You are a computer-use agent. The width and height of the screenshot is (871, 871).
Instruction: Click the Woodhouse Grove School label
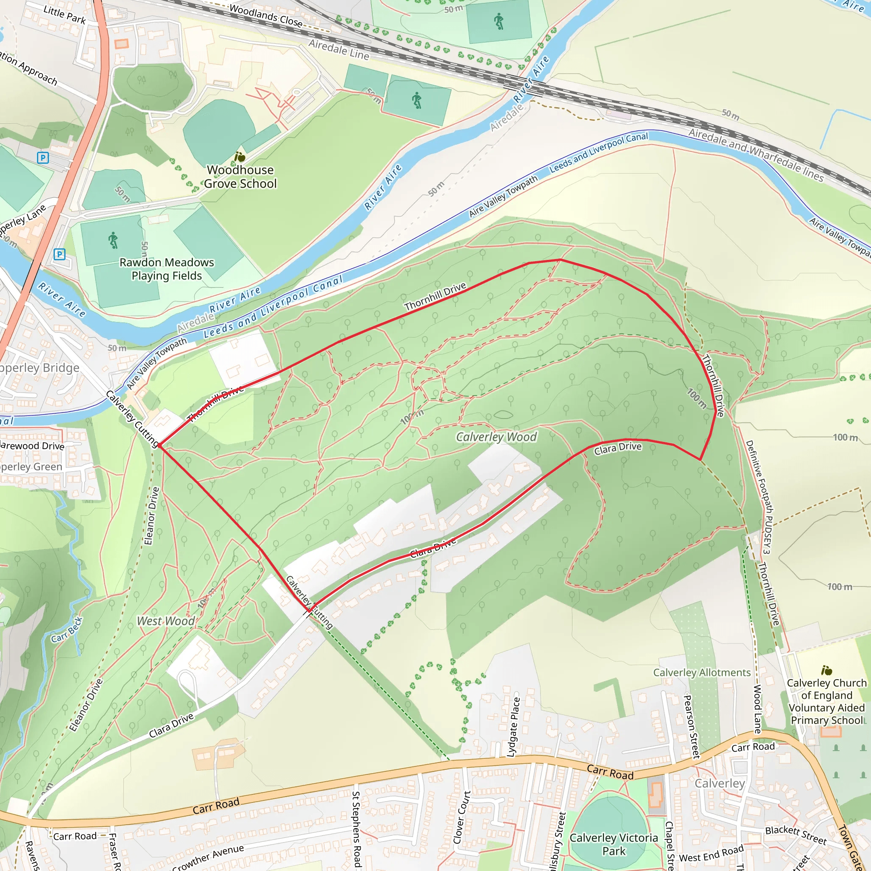point(240,177)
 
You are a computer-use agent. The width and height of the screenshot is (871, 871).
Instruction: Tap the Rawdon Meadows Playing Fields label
point(166,269)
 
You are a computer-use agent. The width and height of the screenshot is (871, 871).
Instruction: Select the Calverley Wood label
point(496,437)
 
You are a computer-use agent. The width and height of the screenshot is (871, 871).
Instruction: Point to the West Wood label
point(165,621)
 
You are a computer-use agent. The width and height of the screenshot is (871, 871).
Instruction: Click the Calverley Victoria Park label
point(614,844)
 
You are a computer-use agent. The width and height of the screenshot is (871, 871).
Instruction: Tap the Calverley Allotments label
point(701,673)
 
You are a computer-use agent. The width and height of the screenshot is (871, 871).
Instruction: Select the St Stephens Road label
point(356,828)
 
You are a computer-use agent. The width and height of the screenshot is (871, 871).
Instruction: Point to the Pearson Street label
point(692,726)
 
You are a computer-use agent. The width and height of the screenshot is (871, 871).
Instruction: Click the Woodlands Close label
point(265,15)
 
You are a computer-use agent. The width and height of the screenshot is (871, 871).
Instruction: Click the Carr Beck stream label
point(67,630)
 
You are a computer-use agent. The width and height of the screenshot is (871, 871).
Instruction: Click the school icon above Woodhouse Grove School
point(240,157)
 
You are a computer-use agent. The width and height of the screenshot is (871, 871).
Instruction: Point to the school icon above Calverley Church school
point(826,670)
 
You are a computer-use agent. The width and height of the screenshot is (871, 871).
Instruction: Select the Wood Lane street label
point(757,709)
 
